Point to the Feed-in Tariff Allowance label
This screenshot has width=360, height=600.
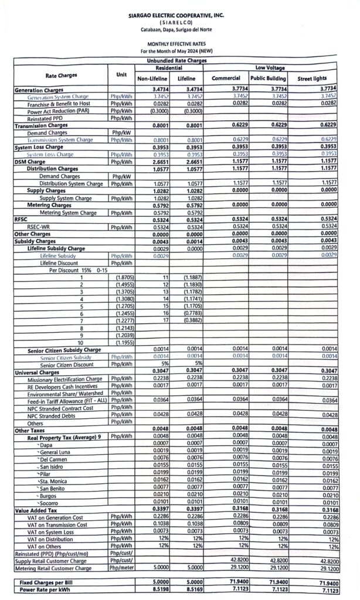67,400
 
